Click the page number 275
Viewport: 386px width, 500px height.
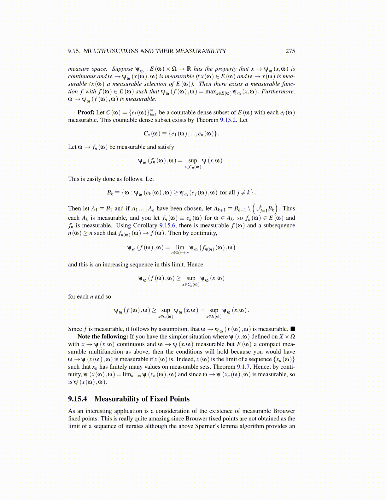pyautogui.click(x=290, y=51)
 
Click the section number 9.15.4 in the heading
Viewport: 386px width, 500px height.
pyautogui.click(x=77, y=399)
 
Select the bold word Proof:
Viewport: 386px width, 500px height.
pyautogui.click(x=86, y=112)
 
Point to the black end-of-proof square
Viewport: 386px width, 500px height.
pyautogui.click(x=293, y=329)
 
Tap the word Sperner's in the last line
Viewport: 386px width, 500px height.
pyautogui.click(x=208, y=426)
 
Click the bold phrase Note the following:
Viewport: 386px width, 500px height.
pyautogui.click(x=103, y=336)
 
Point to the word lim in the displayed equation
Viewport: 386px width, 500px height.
pyautogui.click(x=180, y=247)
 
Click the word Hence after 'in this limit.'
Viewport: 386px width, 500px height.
pyautogui.click(x=195, y=265)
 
